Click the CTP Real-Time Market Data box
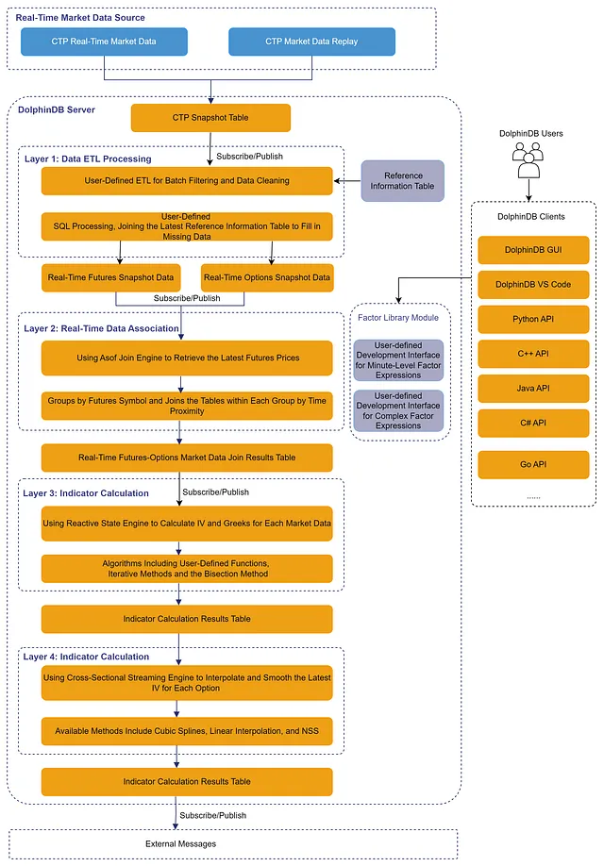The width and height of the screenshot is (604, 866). pyautogui.click(x=104, y=42)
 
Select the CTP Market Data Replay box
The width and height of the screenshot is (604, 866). pyautogui.click(x=311, y=42)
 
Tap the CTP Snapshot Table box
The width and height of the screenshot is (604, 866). pyautogui.click(x=210, y=118)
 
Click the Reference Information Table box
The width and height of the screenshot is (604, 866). pyautogui.click(x=402, y=180)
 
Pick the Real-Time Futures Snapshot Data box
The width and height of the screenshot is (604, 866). pyautogui.click(x=110, y=277)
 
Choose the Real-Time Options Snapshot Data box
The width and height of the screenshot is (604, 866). pyautogui.click(x=267, y=277)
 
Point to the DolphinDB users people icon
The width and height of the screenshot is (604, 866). pyautogui.click(x=528, y=160)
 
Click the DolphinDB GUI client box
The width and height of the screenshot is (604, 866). pyautogui.click(x=533, y=250)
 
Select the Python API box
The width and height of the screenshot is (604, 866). pyautogui.click(x=533, y=319)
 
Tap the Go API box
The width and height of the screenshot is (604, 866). pyautogui.click(x=533, y=464)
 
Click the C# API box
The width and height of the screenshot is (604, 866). pyautogui.click(x=533, y=423)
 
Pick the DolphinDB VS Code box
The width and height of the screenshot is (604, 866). pyautogui.click(x=533, y=285)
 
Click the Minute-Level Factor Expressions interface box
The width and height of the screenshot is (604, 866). pyautogui.click(x=398, y=360)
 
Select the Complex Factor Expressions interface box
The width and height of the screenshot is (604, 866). pyautogui.click(x=398, y=411)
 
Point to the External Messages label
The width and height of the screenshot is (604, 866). pyautogui.click(x=180, y=844)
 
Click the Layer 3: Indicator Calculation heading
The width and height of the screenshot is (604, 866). pyautogui.click(x=86, y=493)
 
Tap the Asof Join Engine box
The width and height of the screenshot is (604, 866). pyautogui.click(x=187, y=358)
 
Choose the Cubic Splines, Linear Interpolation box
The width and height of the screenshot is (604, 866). pyautogui.click(x=187, y=731)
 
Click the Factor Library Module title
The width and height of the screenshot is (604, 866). pyautogui.click(x=398, y=318)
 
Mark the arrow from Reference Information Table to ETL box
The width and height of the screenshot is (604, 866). pyautogui.click(x=347, y=180)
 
